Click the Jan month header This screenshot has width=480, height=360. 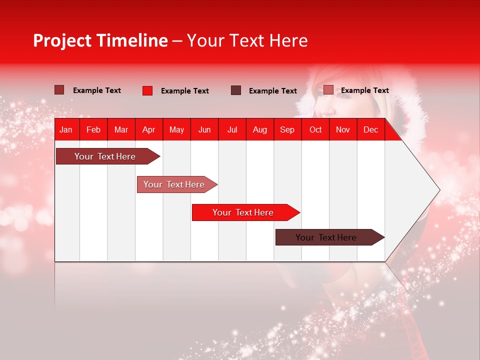click(66, 129)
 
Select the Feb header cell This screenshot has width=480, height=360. click(93, 129)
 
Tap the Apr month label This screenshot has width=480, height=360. click(149, 129)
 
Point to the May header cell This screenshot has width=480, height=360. click(176, 129)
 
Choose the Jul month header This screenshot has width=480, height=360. click(232, 129)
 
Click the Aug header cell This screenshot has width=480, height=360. click(260, 129)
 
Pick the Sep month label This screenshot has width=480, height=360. click(287, 129)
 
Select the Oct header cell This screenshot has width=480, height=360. click(315, 129)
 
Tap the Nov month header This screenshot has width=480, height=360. click(343, 129)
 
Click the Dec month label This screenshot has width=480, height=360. click(371, 129)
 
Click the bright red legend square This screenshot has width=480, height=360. click(147, 90)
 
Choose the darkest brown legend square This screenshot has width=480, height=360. click(236, 90)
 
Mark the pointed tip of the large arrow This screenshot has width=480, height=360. click(439, 190)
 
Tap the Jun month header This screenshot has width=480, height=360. click(204, 129)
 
